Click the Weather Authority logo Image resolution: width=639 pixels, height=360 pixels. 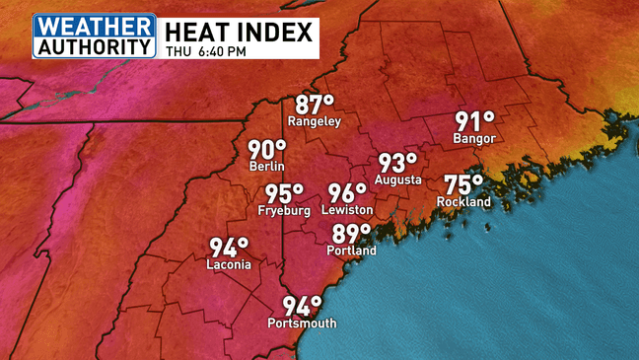click(95, 36)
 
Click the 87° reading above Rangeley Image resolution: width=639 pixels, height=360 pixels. click(315, 104)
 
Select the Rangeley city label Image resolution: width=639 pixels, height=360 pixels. click(314, 121)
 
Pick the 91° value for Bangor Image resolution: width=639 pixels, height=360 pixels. click(473, 121)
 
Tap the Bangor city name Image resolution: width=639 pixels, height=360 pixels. click(473, 139)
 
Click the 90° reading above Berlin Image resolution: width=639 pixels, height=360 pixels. click(266, 150)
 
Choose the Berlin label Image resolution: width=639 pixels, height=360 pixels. click(266, 168)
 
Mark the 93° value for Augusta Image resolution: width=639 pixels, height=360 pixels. click(398, 163)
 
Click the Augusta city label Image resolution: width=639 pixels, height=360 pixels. click(398, 180)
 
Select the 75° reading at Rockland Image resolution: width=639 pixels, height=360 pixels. click(463, 184)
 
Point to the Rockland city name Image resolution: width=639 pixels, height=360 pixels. click(463, 202)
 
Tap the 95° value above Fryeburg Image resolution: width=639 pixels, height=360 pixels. click(284, 193)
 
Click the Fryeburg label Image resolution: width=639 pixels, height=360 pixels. click(283, 211)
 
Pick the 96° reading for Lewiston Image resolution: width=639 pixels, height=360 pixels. click(347, 193)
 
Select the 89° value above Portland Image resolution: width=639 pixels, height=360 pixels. click(351, 234)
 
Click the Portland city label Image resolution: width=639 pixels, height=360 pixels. click(351, 252)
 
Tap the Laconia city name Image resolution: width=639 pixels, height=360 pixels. click(229, 265)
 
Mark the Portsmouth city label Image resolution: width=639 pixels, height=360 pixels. click(302, 324)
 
